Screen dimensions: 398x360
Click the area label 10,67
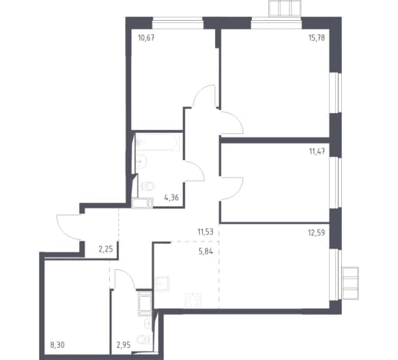point(146,38)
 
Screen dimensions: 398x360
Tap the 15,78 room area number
point(317,38)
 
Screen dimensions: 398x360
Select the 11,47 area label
point(317,152)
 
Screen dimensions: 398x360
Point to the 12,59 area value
point(317,232)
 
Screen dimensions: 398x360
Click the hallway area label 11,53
point(205,232)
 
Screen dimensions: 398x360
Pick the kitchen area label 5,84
point(206,252)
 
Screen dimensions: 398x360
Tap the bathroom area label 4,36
point(171,198)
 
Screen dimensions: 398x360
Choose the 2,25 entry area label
point(106,248)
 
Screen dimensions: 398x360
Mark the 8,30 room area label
point(58,345)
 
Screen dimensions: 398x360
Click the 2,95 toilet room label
point(124,345)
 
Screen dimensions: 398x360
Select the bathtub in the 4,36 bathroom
point(158,142)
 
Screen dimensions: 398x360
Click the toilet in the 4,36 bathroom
point(147,186)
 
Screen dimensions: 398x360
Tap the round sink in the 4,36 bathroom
point(141,162)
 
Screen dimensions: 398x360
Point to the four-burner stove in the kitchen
point(193,301)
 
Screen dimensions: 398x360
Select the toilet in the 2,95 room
point(144,340)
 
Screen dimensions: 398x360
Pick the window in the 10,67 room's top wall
point(177,23)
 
